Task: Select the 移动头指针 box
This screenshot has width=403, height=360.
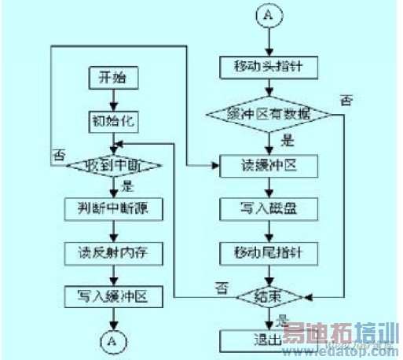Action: [269, 66]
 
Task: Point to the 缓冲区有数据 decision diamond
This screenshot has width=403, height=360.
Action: [269, 115]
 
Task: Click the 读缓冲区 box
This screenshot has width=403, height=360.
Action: [269, 166]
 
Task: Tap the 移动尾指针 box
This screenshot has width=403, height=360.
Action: [269, 252]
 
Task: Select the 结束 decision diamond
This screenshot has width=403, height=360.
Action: [269, 297]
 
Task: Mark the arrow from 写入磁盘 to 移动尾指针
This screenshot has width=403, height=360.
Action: [269, 231]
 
